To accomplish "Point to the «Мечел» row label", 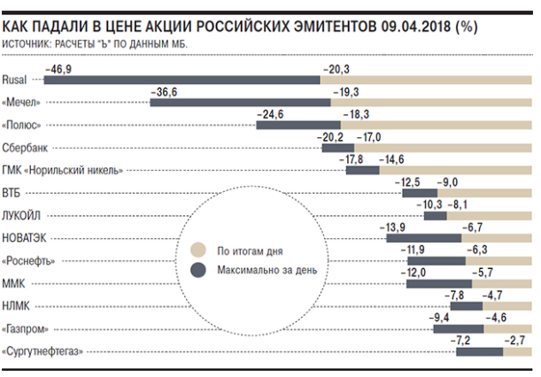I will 23,102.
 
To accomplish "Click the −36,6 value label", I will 168,91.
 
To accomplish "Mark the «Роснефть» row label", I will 33,260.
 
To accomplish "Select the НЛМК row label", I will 18,305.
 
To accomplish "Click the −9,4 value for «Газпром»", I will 440,318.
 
